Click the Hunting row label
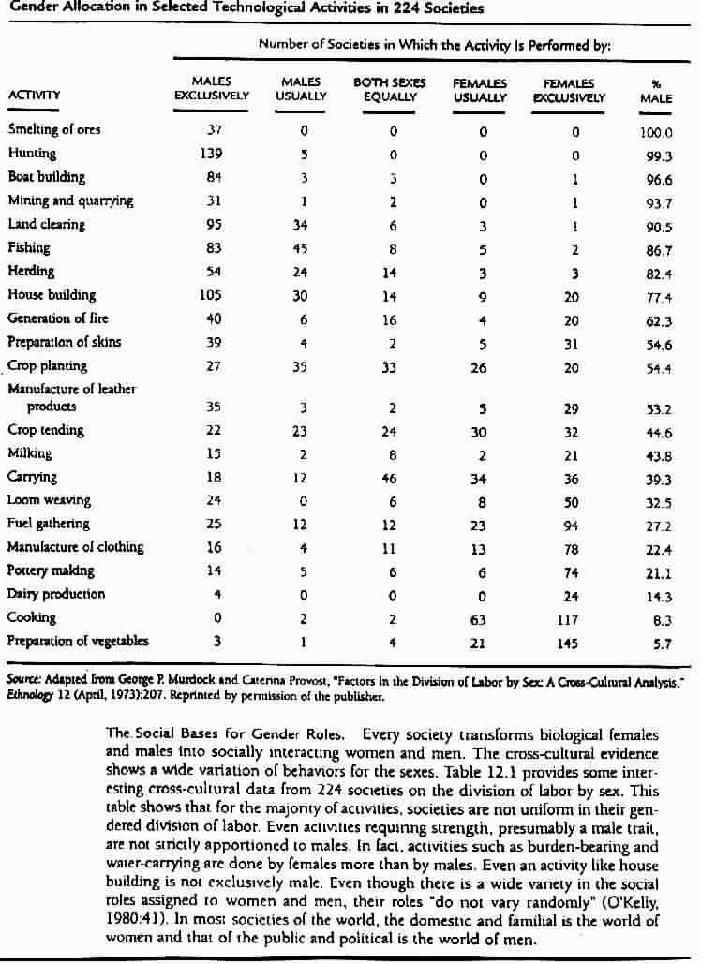pyautogui.click(x=32, y=154)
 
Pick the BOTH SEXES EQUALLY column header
pyautogui.click(x=391, y=90)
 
